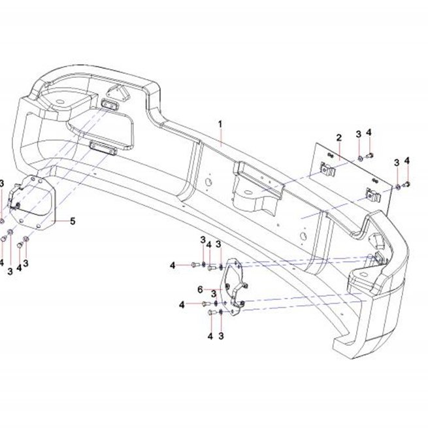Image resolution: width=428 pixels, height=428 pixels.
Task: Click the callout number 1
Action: pos(220,124)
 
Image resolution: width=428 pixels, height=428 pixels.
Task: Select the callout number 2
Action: pos(338,138)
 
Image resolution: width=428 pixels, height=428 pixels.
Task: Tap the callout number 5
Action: pos(73,221)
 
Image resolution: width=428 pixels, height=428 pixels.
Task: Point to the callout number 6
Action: pos(200,289)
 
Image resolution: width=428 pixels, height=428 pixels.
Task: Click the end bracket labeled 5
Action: pos(33,203)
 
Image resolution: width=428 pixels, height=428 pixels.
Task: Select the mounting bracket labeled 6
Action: pos(234,287)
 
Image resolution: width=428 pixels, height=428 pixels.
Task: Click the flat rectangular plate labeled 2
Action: pos(352,178)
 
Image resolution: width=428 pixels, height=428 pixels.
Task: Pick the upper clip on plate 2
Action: pos(327,169)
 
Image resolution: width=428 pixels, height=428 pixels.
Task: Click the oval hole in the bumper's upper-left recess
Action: pos(59,102)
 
